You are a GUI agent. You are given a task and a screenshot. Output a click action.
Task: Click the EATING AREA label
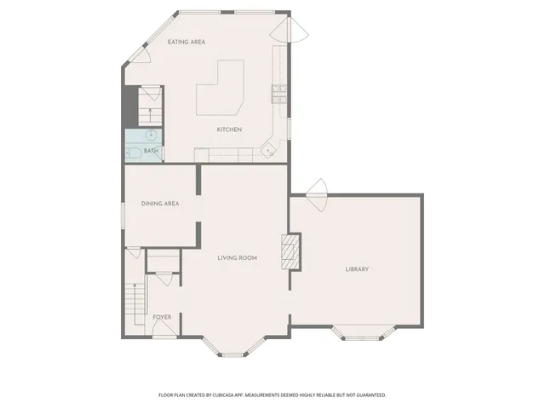click(186, 42)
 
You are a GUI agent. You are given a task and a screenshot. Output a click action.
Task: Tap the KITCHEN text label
click(229, 130)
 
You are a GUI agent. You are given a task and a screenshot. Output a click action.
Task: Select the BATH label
click(151, 152)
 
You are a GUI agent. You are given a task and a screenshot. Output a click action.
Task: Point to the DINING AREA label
click(159, 204)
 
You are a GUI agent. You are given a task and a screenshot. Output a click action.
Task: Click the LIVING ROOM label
click(237, 258)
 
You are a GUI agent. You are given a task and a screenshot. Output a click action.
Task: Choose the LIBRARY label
click(357, 269)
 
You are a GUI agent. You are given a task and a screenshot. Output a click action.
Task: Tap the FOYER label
click(162, 317)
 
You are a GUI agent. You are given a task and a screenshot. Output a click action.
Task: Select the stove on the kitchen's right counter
click(278, 95)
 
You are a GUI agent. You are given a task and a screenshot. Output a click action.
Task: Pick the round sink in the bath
click(150, 135)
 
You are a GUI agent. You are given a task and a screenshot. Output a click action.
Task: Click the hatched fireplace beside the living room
click(291, 252)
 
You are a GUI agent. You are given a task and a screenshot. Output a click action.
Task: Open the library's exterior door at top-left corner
click(316, 193)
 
